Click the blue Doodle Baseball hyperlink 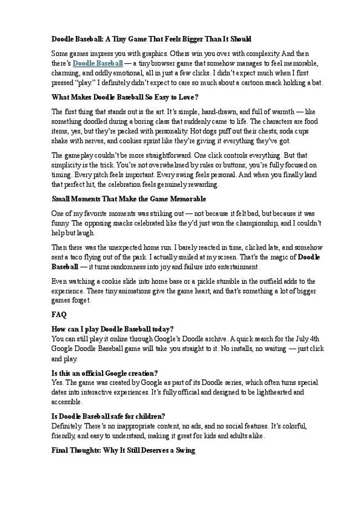click(98, 64)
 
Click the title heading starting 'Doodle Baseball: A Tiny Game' click(151, 39)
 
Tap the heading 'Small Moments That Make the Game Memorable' click(128, 198)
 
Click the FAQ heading click(59, 315)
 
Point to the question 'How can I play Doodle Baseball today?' click(112, 329)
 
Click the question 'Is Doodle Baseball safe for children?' click(109, 416)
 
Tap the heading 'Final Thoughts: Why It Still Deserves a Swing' click(123, 451)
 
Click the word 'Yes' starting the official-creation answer click(57, 382)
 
